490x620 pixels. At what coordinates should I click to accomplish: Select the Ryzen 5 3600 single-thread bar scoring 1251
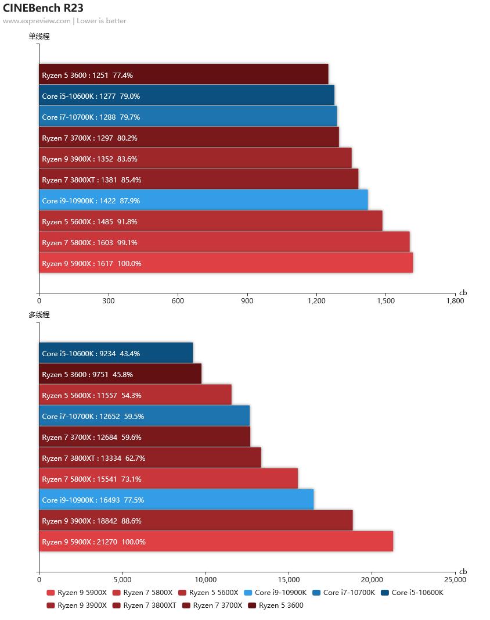[183, 74]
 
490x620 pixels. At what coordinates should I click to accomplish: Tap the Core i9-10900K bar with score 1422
[203, 200]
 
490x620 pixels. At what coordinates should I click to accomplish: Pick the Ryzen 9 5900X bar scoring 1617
[226, 263]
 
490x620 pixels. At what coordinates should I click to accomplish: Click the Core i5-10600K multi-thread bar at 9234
[116, 353]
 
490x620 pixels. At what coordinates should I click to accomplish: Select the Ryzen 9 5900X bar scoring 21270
[216, 541]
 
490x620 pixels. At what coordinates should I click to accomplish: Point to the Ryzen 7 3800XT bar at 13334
[150, 457]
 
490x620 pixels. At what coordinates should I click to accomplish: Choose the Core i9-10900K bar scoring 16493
[176, 499]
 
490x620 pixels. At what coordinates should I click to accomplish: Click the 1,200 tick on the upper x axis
[316, 301]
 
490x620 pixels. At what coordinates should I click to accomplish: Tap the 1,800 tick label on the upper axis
[455, 301]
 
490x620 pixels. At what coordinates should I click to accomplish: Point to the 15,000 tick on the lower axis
[289, 579]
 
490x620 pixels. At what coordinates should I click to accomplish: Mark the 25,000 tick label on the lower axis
[455, 579]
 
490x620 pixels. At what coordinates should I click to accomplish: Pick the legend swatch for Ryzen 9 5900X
[51, 593]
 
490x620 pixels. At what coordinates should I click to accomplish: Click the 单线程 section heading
[39, 36]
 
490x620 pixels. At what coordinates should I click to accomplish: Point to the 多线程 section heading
[39, 315]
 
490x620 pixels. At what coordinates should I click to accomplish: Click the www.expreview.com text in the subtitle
[36, 21]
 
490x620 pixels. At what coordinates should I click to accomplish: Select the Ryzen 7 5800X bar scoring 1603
[224, 242]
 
